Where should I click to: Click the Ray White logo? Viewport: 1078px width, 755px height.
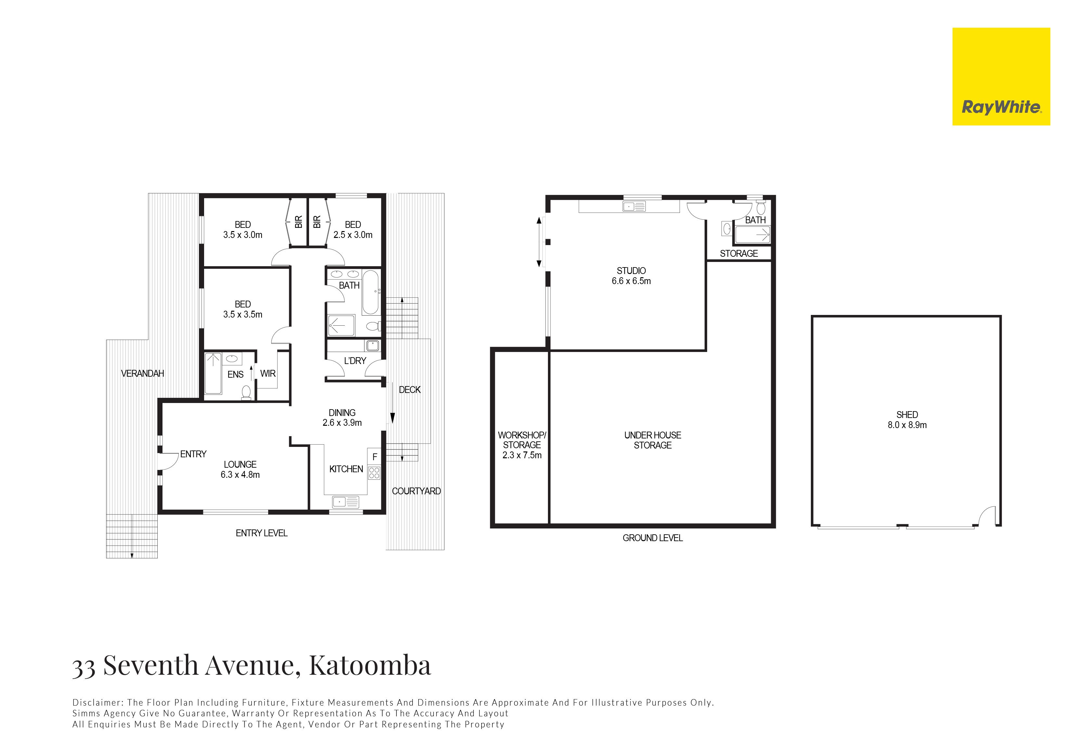(1001, 76)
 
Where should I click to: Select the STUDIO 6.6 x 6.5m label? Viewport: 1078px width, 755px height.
(631, 276)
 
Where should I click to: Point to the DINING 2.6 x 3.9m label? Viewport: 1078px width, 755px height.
(342, 417)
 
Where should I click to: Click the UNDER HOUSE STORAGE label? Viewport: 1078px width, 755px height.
(653, 440)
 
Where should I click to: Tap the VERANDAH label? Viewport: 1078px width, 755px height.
(143, 373)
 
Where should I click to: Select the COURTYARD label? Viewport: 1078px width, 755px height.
(416, 491)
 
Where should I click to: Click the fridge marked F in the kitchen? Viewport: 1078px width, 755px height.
(374, 456)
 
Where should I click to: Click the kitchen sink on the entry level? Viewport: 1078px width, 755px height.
(345, 502)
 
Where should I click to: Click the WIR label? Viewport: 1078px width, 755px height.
(268, 373)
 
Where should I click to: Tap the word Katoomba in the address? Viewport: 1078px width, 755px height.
(370, 665)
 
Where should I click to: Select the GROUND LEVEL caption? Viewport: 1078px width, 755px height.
(653, 538)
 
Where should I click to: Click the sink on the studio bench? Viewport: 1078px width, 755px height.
(634, 206)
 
